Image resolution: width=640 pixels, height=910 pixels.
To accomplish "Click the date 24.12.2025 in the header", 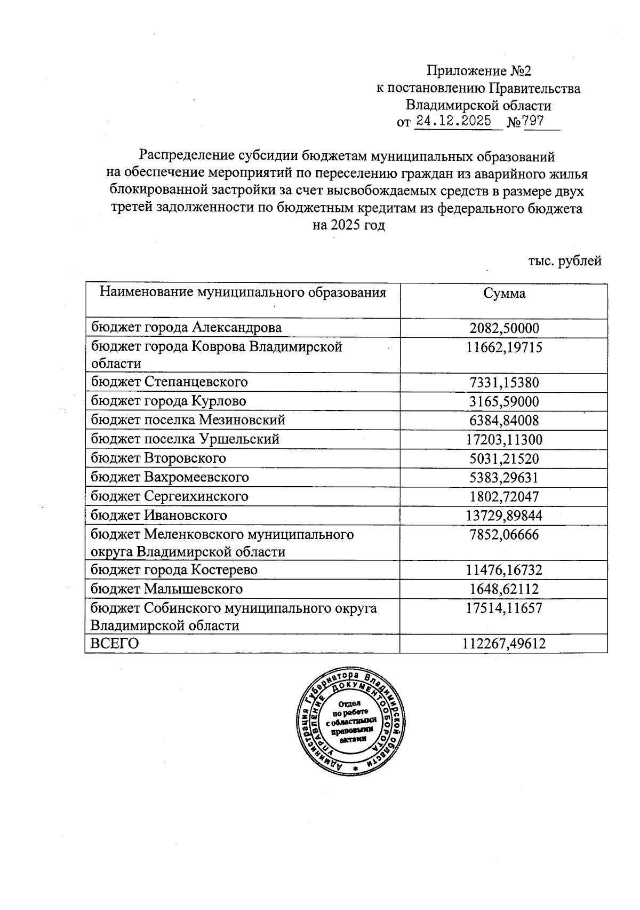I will [453, 121].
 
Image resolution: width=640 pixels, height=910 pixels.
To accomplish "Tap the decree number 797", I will [534, 121].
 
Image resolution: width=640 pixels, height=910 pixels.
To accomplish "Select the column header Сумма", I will [504, 293].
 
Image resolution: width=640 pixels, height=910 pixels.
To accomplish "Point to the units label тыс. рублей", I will [565, 261].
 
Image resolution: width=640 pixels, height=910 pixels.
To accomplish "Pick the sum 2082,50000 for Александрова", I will [504, 328].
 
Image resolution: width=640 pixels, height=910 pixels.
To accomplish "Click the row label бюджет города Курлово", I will [168, 401].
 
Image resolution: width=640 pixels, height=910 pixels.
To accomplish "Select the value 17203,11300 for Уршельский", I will [504, 440].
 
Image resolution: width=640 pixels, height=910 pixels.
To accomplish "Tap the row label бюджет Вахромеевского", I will [170, 477].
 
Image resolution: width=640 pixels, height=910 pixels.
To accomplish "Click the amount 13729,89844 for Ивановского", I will [504, 516].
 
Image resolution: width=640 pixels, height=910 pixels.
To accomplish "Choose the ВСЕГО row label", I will [114, 644].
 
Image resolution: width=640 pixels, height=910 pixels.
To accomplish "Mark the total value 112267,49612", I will [504, 644].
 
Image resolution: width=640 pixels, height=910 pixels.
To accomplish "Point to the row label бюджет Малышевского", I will [166, 589].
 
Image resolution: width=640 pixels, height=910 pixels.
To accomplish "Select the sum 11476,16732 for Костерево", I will [504, 571].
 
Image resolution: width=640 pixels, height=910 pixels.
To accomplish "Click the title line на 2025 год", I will [348, 225].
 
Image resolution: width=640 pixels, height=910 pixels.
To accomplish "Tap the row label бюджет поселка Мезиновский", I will [188, 420].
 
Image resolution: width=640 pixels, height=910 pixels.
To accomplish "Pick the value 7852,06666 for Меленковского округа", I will [504, 535].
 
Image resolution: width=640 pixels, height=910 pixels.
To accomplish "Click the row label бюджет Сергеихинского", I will [169, 496].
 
